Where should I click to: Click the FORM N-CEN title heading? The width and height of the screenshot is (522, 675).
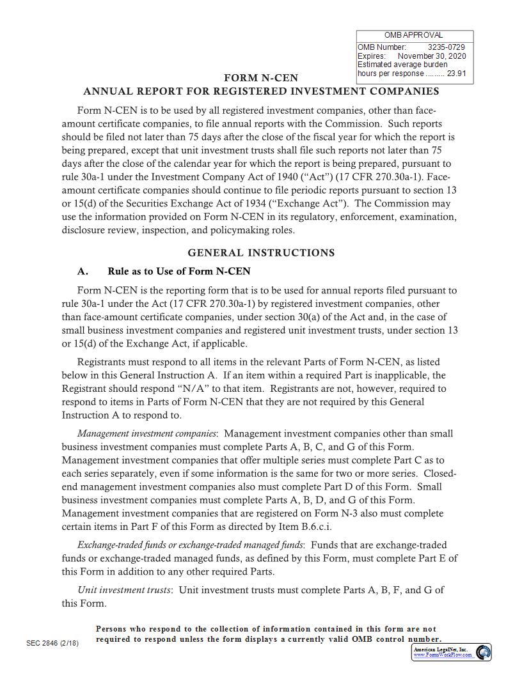[x=260, y=78]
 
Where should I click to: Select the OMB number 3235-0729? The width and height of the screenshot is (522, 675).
[x=446, y=47]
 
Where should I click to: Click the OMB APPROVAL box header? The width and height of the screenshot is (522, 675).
[x=413, y=35]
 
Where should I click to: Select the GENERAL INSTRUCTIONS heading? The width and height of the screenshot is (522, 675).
[x=260, y=252]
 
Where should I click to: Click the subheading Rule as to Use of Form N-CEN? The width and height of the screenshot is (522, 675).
[x=179, y=271]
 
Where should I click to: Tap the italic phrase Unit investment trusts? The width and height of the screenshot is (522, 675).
[x=124, y=590]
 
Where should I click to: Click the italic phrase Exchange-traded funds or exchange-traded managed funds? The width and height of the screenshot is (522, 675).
[x=190, y=545]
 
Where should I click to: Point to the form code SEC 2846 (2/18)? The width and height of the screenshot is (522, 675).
[x=52, y=643]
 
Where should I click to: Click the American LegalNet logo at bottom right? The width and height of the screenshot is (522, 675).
[x=484, y=652]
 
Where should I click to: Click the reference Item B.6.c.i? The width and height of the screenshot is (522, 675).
[x=304, y=527]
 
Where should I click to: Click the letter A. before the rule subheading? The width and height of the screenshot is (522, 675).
[x=83, y=271]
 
